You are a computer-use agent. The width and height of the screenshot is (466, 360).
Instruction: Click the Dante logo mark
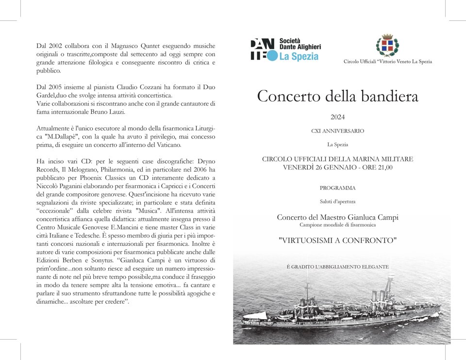pyautogui.click(x=264, y=49)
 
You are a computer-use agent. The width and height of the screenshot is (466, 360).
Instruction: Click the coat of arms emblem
pyautogui.click(x=387, y=46)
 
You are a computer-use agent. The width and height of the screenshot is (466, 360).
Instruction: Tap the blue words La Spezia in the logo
pyautogui.click(x=299, y=56)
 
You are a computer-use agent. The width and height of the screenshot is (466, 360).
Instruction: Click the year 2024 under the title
pyautogui.click(x=337, y=117)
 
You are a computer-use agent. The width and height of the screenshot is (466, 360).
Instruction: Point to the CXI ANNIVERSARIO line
pyautogui.click(x=337, y=131)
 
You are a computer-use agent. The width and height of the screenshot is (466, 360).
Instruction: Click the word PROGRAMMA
pyautogui.click(x=337, y=188)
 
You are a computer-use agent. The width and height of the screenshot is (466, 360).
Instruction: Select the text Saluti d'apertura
pyautogui.click(x=337, y=202)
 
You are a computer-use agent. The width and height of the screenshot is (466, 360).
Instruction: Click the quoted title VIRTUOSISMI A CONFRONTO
pyautogui.click(x=337, y=240)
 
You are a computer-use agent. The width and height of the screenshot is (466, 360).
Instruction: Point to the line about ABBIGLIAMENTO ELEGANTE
pyautogui.click(x=337, y=267)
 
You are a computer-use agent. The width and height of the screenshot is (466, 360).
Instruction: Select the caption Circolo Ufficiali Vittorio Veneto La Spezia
pyautogui.click(x=387, y=62)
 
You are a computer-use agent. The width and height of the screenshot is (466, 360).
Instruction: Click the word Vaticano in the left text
pyautogui.click(x=167, y=145)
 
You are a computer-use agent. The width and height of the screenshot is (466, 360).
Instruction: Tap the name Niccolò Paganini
pyautogui.click(x=60, y=186)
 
